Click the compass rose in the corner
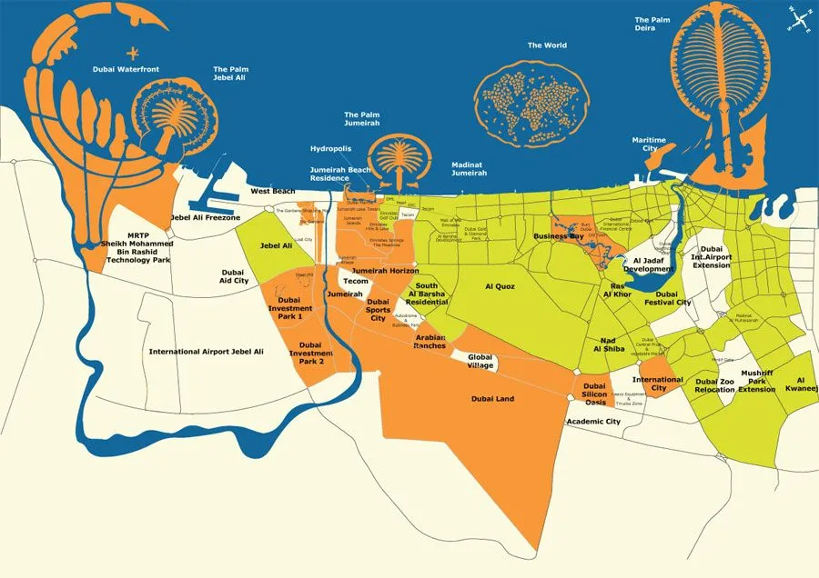(x=797, y=19)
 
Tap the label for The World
(x=547, y=45)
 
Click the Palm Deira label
(x=653, y=25)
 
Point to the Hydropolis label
(x=329, y=148)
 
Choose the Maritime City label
(x=649, y=144)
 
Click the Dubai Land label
(x=492, y=398)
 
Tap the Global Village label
(x=480, y=361)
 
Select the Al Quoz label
(x=500, y=286)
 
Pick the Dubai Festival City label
(x=672, y=298)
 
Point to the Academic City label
(x=593, y=422)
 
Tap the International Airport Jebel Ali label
(x=206, y=351)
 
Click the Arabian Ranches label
(x=430, y=342)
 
